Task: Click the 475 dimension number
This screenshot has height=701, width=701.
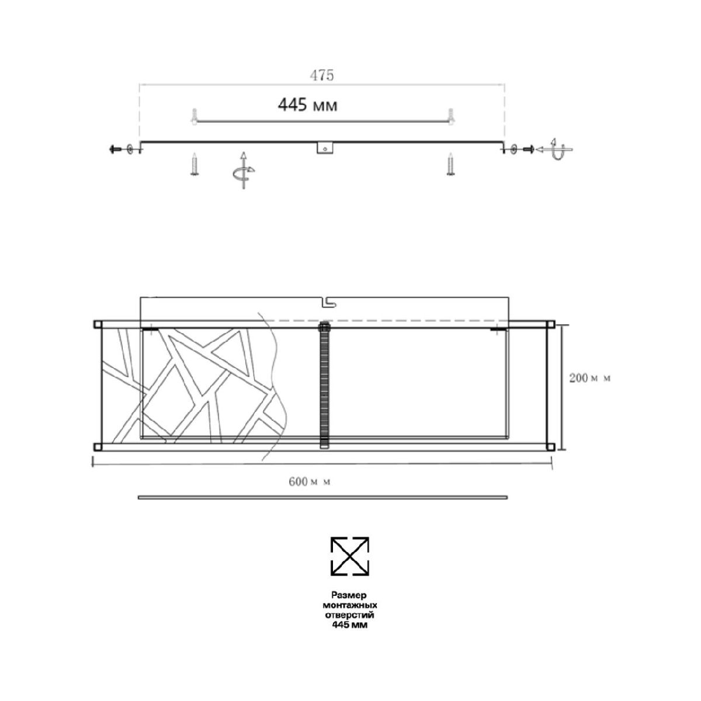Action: pyautogui.click(x=321, y=75)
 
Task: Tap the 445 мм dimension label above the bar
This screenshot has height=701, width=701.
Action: pyautogui.click(x=308, y=106)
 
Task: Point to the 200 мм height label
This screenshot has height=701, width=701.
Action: pyautogui.click(x=590, y=378)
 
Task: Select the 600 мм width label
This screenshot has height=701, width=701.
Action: pyautogui.click(x=310, y=482)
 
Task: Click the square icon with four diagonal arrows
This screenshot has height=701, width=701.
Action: pyautogui.click(x=350, y=556)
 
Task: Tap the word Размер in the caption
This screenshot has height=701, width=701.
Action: pyautogui.click(x=350, y=595)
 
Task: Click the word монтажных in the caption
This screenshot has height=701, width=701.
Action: pyautogui.click(x=350, y=605)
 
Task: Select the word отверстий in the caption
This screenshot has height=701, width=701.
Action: pyautogui.click(x=350, y=615)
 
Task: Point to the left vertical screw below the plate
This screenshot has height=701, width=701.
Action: pyautogui.click(x=194, y=164)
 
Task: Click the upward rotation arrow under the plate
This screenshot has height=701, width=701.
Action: pyautogui.click(x=244, y=170)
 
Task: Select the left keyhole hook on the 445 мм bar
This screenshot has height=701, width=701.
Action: pyautogui.click(x=194, y=116)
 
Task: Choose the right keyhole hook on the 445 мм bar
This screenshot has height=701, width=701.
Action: pyautogui.click(x=450, y=116)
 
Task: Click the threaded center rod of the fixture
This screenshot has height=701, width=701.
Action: pyautogui.click(x=325, y=386)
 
